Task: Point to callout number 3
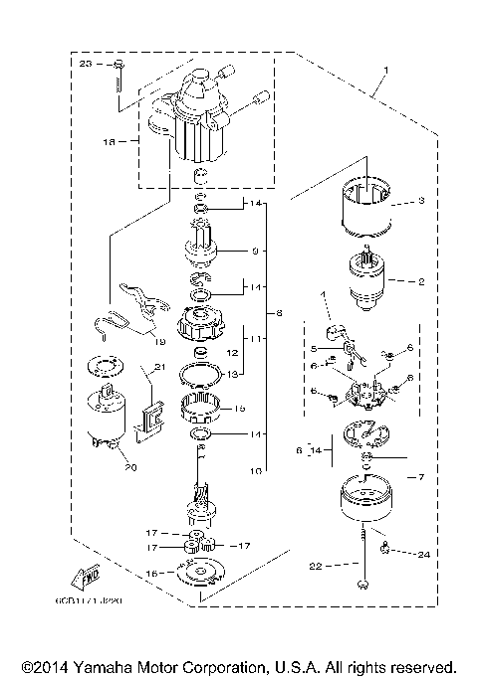coord(421,201)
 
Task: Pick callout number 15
coord(238,410)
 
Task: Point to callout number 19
coord(159,341)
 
